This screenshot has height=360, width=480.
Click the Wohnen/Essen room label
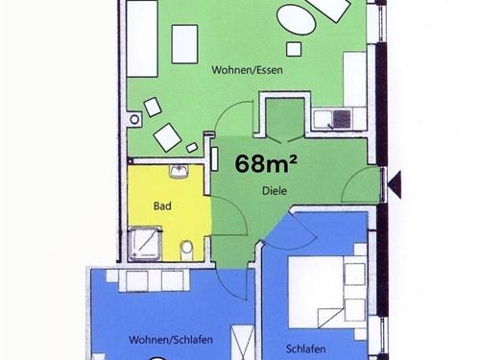(x=247, y=70)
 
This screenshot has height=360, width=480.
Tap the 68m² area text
(x=266, y=163)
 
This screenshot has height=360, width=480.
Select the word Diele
(x=275, y=191)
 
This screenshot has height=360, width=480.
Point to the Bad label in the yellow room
(x=162, y=205)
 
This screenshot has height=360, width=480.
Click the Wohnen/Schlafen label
(x=171, y=340)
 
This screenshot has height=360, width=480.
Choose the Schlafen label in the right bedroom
(x=306, y=348)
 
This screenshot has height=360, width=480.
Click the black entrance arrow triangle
(x=395, y=184)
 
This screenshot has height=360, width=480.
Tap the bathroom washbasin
(x=179, y=172)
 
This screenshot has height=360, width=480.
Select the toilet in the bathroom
(x=186, y=251)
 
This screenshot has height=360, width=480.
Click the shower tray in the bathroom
(x=144, y=244)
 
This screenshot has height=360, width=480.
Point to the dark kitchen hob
(x=342, y=118)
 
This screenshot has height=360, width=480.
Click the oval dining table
(x=297, y=18)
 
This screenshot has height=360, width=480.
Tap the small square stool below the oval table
(x=294, y=49)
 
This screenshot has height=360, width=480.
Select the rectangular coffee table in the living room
(x=184, y=44)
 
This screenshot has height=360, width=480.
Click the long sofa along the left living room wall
(x=142, y=38)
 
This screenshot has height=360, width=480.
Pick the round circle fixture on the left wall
(x=134, y=120)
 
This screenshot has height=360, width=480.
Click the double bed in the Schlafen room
(x=320, y=291)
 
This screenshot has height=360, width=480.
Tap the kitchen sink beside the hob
(x=323, y=119)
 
